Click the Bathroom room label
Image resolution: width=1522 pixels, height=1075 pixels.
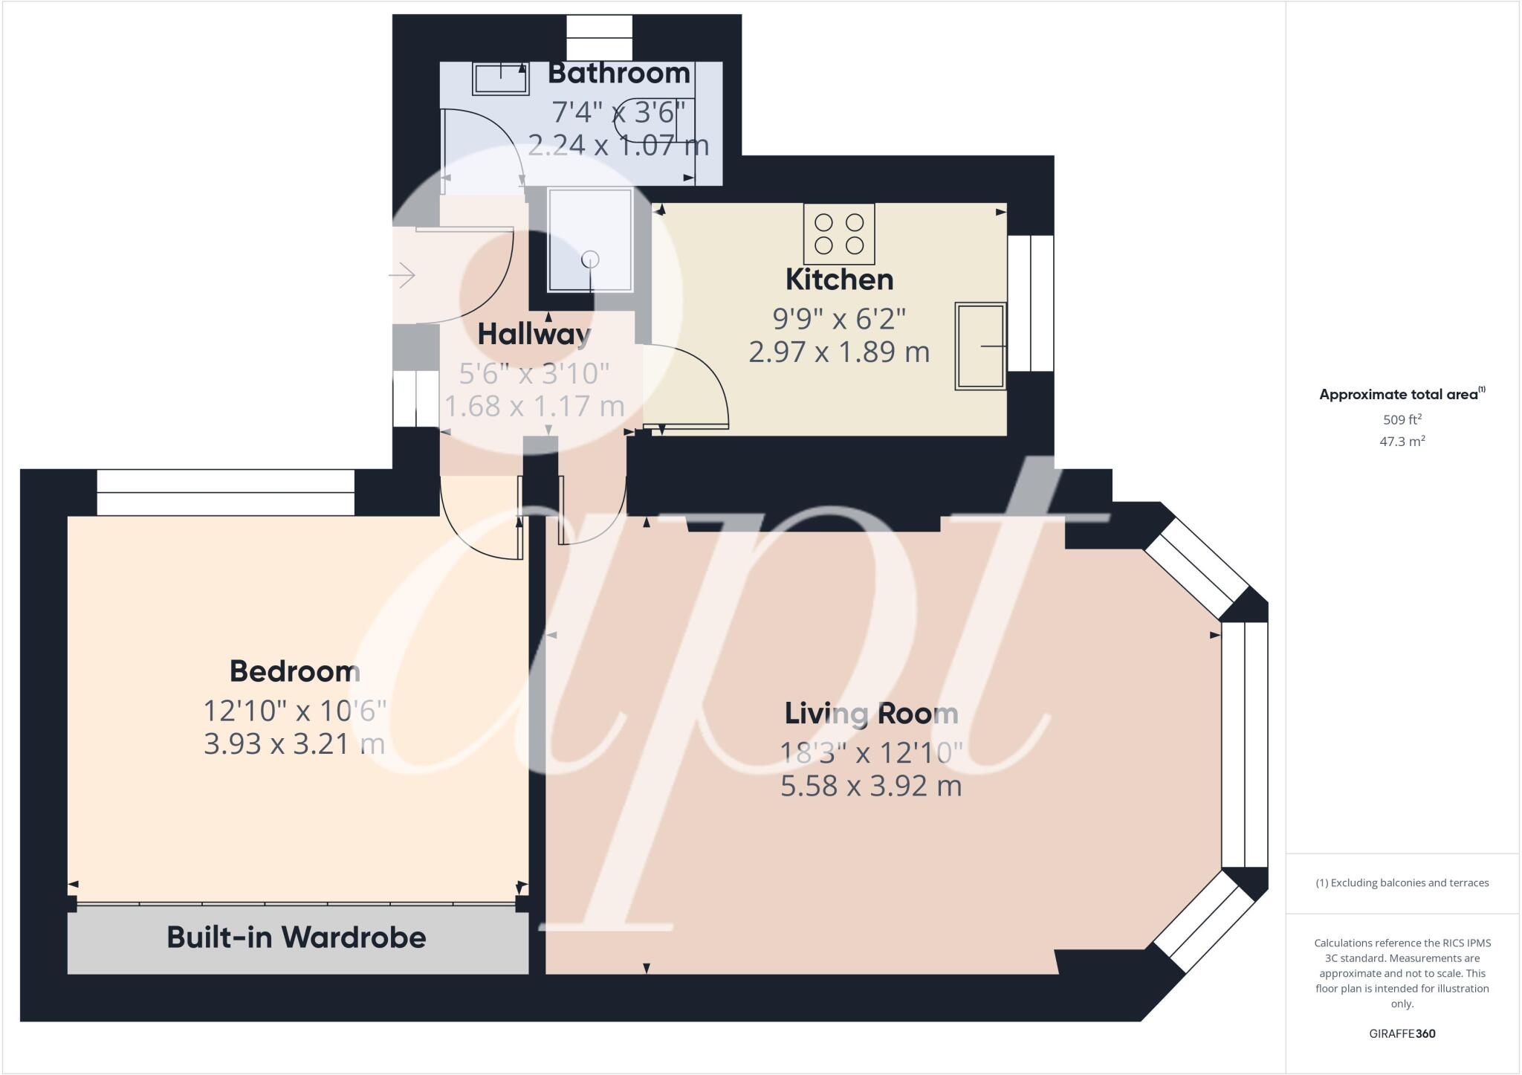click(x=619, y=74)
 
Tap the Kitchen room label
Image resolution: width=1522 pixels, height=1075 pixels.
click(x=839, y=280)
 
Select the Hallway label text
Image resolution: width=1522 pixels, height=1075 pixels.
click(x=534, y=335)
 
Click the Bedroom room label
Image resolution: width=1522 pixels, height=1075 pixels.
click(x=295, y=671)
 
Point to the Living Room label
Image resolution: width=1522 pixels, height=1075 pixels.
click(x=871, y=714)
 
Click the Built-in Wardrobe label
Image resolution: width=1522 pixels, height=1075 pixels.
click(x=297, y=937)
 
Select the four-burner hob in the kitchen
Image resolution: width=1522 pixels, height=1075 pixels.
click(x=839, y=233)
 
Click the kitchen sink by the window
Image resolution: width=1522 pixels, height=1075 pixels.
click(x=980, y=346)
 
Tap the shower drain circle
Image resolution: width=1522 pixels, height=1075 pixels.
click(x=590, y=259)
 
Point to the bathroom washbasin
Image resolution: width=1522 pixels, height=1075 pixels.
click(x=500, y=78)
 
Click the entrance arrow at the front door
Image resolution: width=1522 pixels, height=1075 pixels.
click(x=402, y=276)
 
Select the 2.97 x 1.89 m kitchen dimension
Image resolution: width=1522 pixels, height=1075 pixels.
click(x=839, y=352)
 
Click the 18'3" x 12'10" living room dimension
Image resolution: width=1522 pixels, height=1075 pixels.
click(x=871, y=753)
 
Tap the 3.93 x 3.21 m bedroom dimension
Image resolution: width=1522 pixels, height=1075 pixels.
click(x=295, y=743)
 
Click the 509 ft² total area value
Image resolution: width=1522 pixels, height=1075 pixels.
click(x=1402, y=419)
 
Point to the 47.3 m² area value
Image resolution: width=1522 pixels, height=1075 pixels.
click(x=1402, y=442)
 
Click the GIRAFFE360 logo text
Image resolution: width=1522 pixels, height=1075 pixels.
click(x=1402, y=1033)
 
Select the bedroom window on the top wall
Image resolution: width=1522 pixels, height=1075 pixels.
click(x=226, y=492)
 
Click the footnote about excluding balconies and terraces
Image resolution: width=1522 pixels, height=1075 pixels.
click(x=1402, y=883)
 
